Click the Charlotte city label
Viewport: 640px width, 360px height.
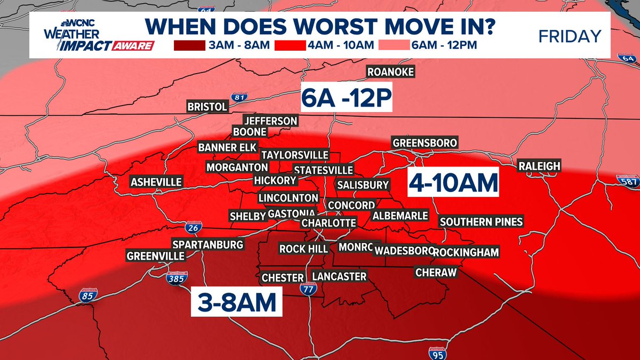[329, 223]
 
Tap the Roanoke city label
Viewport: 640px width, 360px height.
[390, 72]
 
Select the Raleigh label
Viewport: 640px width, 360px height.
[539, 166]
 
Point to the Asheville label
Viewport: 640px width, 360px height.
[156, 182]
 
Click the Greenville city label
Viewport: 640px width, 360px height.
[155, 256]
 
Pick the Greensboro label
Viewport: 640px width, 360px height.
[425, 143]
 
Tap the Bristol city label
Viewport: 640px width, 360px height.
[207, 107]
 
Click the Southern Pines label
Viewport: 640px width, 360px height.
[481, 221]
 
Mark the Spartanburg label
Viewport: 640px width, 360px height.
[208, 245]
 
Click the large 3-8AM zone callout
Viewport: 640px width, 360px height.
[235, 303]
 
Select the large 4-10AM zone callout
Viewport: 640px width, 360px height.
[453, 183]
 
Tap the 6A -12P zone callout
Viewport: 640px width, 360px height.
[347, 97]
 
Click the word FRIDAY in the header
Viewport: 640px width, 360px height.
[570, 37]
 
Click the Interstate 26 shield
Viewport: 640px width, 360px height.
[193, 229]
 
